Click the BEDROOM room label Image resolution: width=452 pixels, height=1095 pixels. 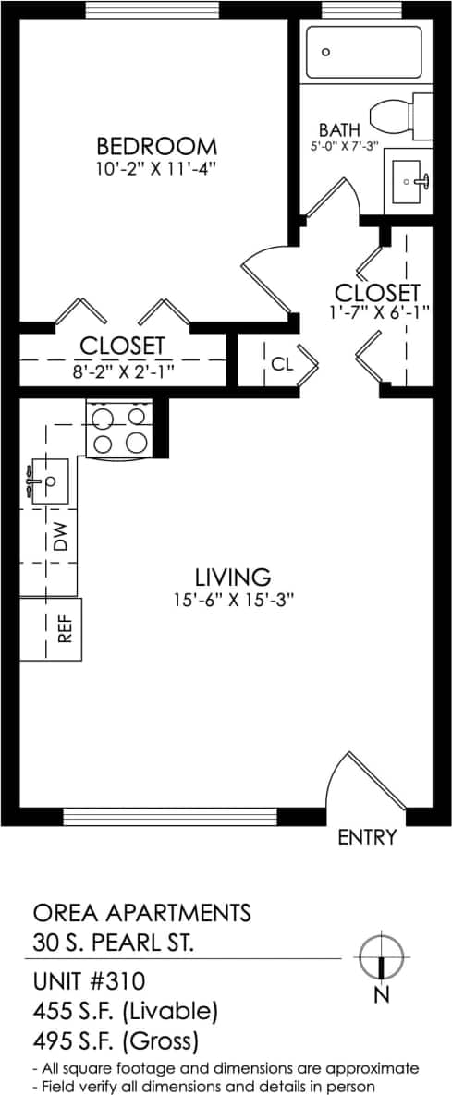pyautogui.click(x=157, y=146)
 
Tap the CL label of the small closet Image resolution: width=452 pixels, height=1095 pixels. pyautogui.click(x=282, y=364)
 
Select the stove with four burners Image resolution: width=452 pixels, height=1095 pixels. pyautogui.click(x=117, y=429)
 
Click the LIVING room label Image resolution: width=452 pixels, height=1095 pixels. pyautogui.click(x=232, y=578)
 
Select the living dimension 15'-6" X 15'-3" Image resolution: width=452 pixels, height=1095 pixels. pyautogui.click(x=232, y=599)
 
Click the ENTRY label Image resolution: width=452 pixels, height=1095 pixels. pyautogui.click(x=367, y=837)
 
